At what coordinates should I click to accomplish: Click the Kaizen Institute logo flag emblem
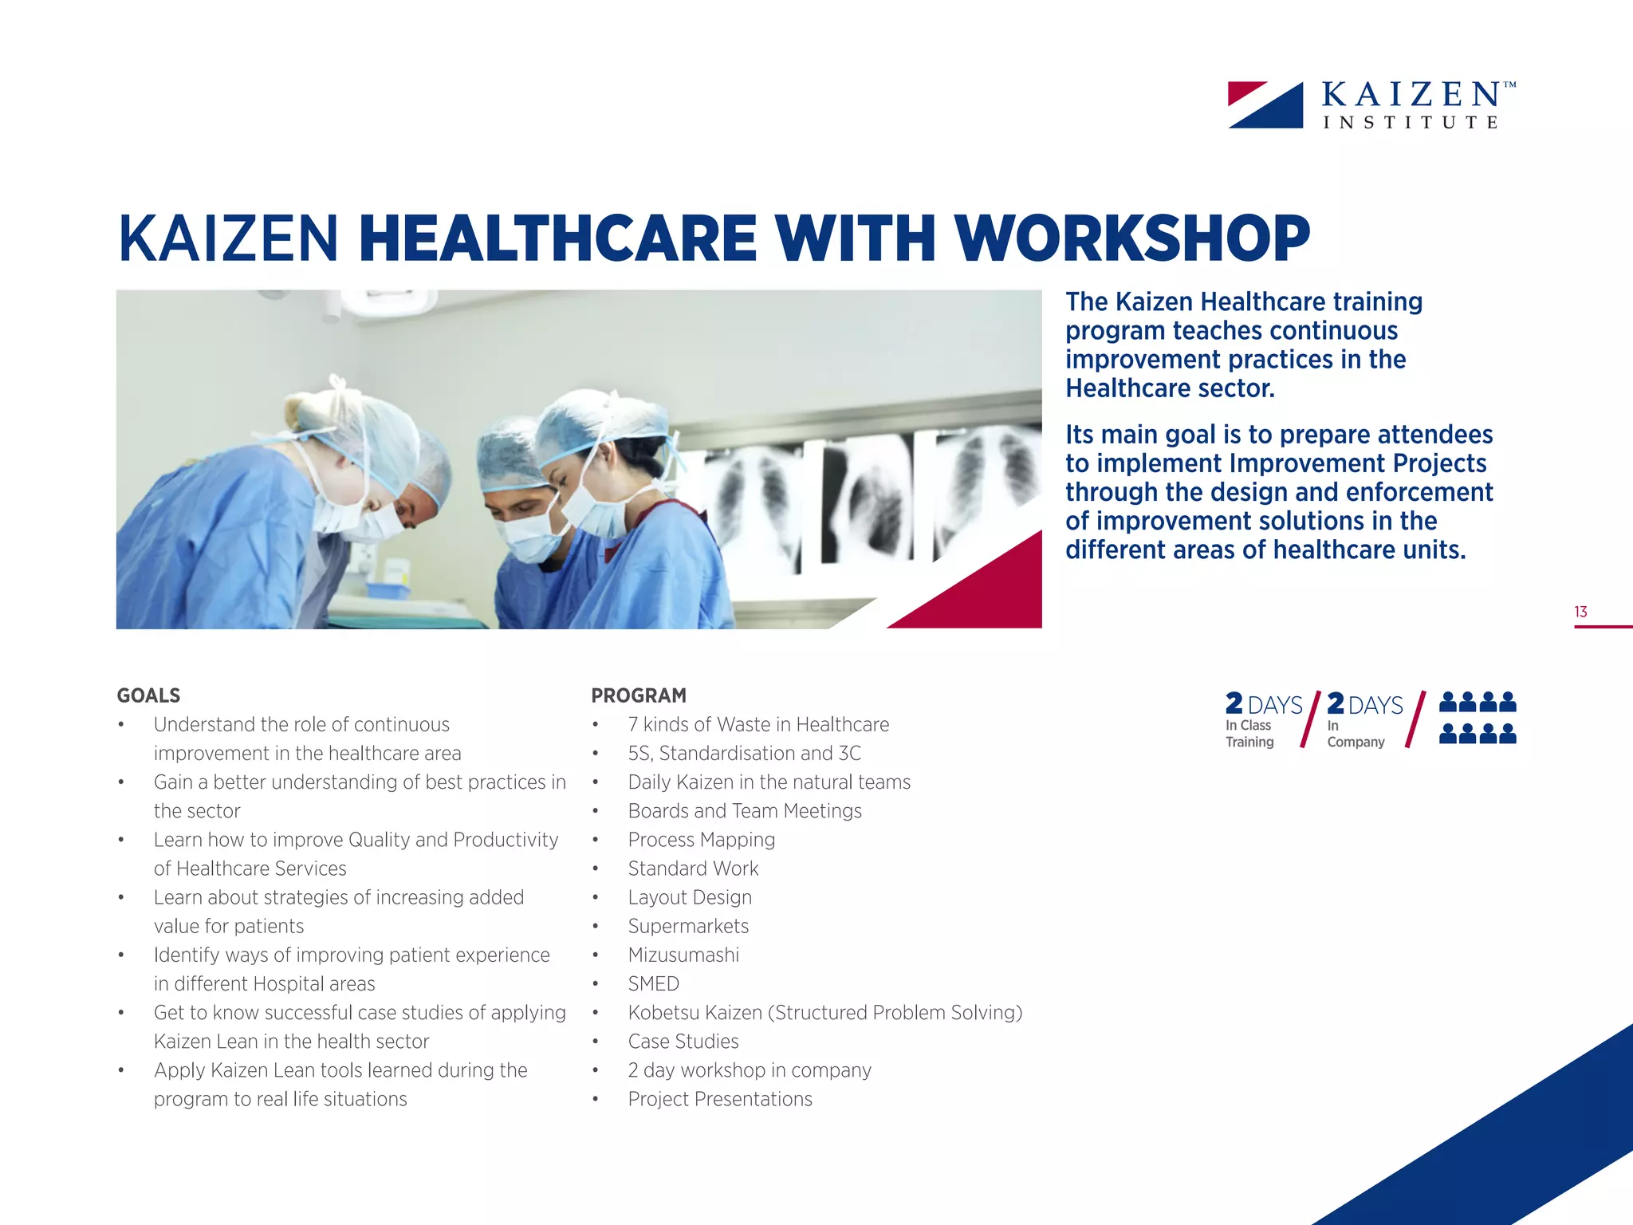point(1265,104)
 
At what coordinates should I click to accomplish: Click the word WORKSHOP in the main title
point(1131,238)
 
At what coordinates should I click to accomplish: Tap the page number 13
point(1580,612)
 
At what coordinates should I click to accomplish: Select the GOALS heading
point(148,695)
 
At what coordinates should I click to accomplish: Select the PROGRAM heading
point(639,695)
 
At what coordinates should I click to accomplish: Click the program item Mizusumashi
point(683,955)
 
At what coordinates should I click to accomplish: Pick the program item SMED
point(654,983)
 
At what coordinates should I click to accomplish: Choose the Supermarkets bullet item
point(688,926)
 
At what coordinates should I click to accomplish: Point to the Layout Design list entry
point(690,897)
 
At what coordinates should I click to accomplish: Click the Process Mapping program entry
point(702,840)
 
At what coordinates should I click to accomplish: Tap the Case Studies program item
point(683,1041)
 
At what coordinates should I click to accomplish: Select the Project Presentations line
point(720,1099)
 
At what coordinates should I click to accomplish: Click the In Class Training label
point(1249,734)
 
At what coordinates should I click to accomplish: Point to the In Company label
point(1356,734)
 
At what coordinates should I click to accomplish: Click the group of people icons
point(1478,718)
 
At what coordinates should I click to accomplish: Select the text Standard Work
point(693,869)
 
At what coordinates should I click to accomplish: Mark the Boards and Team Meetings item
point(745,811)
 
